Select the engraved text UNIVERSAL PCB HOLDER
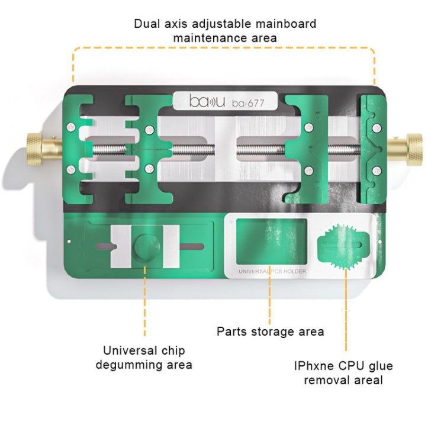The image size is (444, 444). pos(271,272)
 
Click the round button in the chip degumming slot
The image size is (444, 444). pos(144,246)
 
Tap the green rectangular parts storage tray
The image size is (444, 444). pos(271,240)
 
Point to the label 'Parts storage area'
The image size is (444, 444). pos(271,332)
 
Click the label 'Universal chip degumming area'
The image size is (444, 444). pos(144,357)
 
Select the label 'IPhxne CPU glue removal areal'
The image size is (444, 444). pos(343,373)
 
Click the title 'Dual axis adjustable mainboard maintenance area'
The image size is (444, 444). pos(225,31)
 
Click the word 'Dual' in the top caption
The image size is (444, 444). pos(147,24)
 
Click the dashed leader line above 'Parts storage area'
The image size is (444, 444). pos(270,299)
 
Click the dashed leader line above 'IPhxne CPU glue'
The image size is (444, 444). pos(346,314)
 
